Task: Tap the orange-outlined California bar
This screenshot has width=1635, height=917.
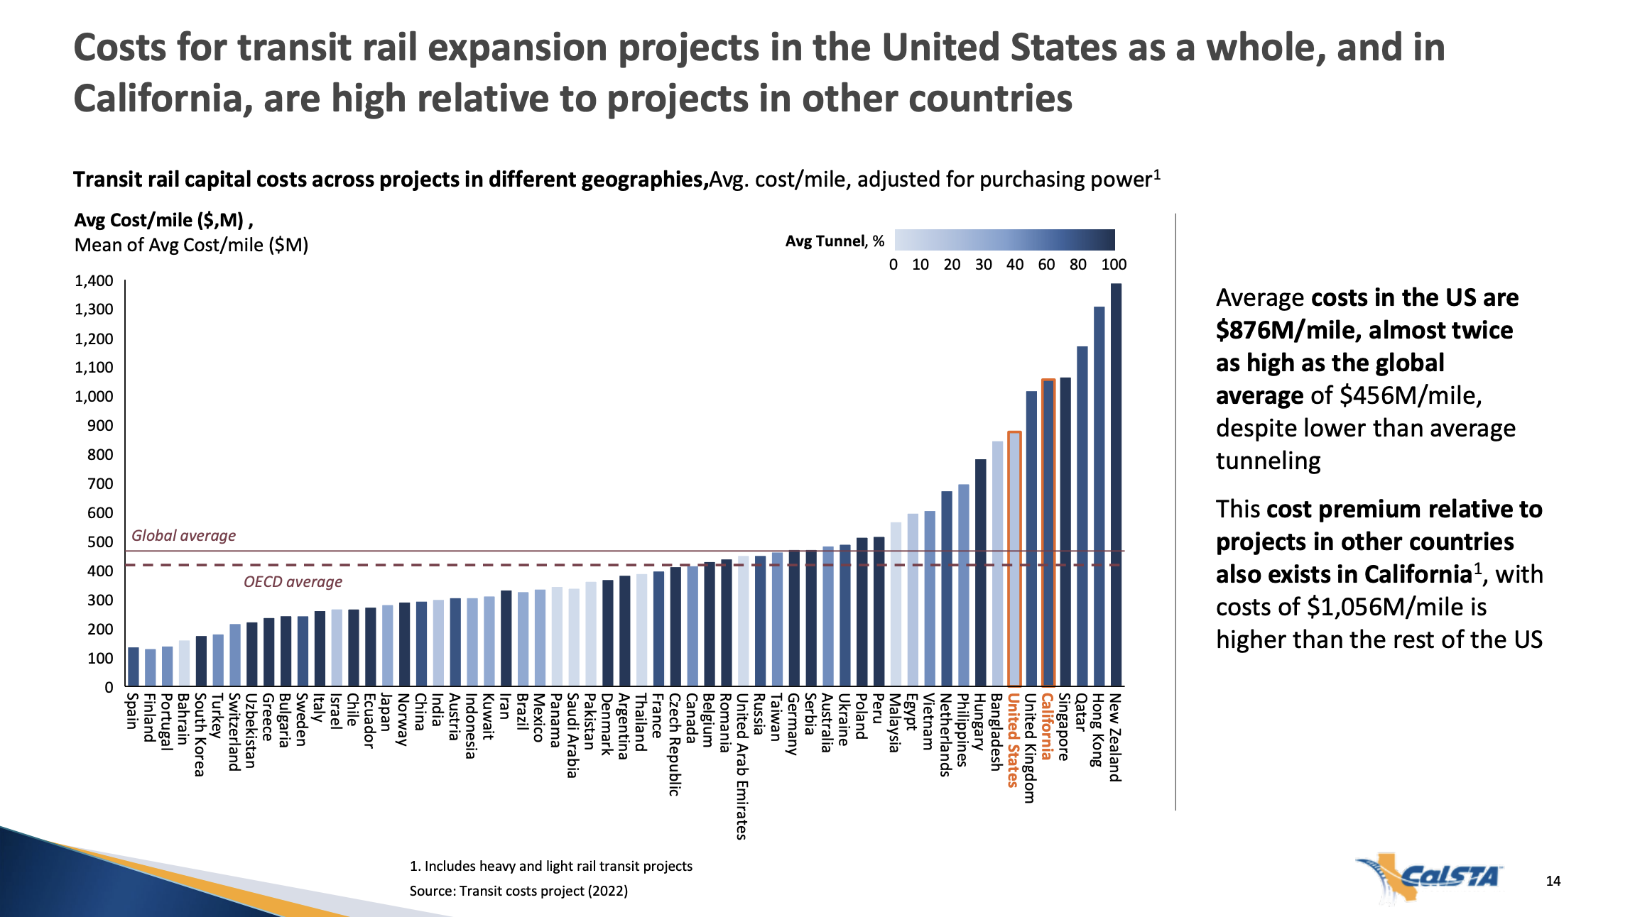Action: pos(1048,532)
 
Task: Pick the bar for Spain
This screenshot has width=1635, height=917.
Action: pos(134,666)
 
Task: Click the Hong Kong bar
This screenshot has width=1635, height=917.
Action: pos(1099,496)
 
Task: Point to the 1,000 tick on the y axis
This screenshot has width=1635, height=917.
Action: pos(94,397)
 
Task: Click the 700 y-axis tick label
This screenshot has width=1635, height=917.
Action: pos(100,484)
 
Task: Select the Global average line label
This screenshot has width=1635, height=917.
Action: pos(183,536)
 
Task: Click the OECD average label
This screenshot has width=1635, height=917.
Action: pos(293,582)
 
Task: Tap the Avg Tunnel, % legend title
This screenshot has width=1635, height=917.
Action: pos(835,241)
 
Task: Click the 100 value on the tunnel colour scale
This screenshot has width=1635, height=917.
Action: pos(1114,265)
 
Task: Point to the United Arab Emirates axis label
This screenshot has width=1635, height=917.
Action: pos(742,767)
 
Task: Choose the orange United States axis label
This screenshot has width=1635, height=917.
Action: pos(1014,740)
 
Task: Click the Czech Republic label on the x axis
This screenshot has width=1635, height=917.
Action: pos(674,745)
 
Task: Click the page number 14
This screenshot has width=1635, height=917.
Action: pos(1553,881)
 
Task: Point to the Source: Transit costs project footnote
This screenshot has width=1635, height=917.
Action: pos(518,891)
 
